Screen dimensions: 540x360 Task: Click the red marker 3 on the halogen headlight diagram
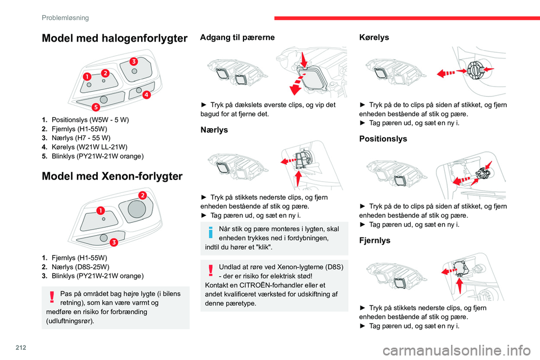click(134, 61)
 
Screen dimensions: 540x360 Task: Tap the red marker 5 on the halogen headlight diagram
click(96, 107)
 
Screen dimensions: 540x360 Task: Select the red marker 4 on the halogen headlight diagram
click(147, 94)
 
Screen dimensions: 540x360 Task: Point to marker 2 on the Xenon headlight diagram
click(142, 195)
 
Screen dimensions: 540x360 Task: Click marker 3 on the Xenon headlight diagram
click(114, 242)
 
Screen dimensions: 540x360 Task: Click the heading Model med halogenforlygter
click(114, 38)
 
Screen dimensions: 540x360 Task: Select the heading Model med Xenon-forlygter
click(112, 176)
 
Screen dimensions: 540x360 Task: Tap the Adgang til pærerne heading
click(237, 37)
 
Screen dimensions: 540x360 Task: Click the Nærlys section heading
click(214, 130)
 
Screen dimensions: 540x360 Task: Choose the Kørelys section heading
click(374, 37)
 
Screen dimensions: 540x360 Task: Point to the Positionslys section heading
click(383, 139)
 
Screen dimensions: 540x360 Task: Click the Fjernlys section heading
click(375, 240)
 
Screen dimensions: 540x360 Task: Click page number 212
click(21, 348)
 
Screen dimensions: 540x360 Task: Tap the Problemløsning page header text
click(65, 18)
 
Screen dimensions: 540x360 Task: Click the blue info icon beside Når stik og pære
click(211, 232)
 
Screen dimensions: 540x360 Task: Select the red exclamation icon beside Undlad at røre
click(211, 270)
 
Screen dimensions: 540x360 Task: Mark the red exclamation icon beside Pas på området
click(52, 297)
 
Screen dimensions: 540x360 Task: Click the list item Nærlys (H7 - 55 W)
click(76, 138)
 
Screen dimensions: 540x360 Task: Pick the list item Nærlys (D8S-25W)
click(75, 267)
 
